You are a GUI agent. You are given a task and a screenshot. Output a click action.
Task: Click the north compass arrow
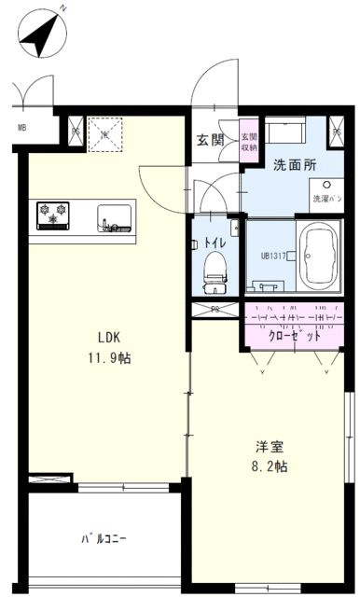39,36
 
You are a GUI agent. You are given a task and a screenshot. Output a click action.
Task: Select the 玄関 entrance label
210,141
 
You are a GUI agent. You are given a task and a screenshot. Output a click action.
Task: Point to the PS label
215,309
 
